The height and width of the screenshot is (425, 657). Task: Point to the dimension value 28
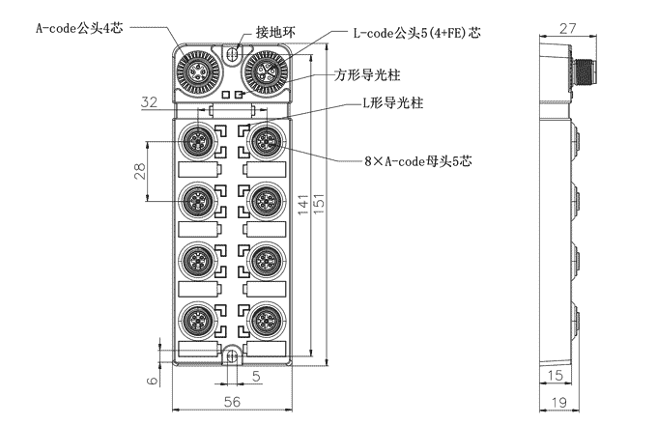[139, 171]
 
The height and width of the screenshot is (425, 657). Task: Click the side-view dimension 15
[557, 375]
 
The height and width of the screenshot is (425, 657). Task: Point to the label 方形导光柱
[369, 72]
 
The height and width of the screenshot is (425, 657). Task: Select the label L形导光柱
[392, 101]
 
